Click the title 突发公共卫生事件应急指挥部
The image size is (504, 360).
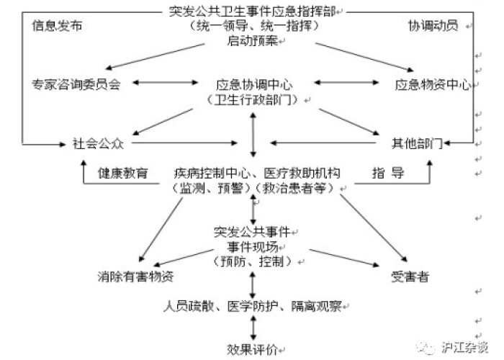coord(253,10)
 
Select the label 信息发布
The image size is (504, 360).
coord(57,25)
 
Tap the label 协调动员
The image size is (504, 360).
coord(433,25)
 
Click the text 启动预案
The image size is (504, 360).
coord(252,40)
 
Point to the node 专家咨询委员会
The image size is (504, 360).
coord(75,84)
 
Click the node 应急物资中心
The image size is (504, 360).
coord(432,84)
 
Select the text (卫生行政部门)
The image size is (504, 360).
coord(252,99)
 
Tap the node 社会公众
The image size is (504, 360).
coord(99,143)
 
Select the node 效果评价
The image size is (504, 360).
coord(252,349)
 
